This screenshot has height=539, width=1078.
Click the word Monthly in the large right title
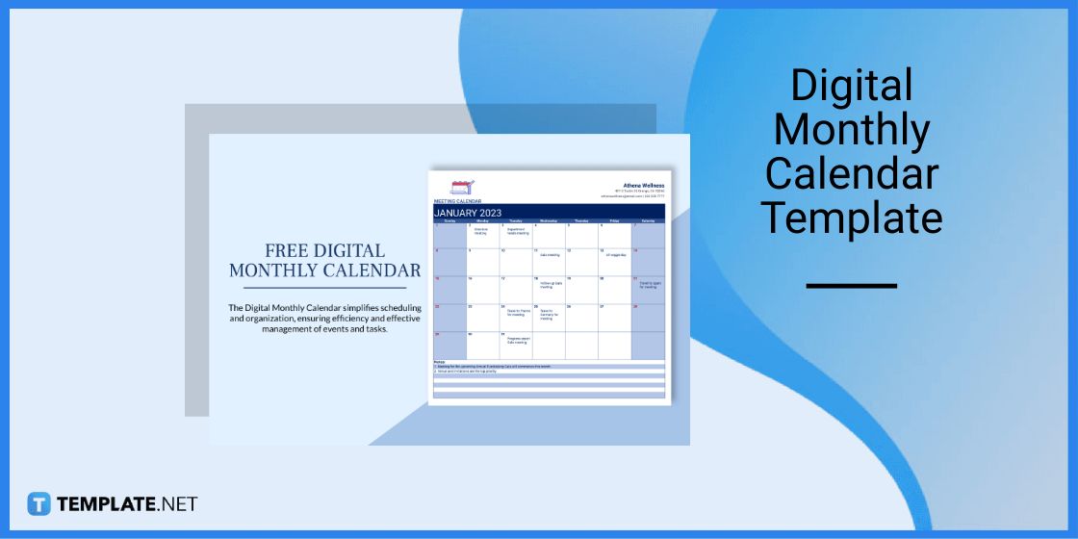coord(852,131)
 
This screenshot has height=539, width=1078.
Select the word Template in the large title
coord(852,218)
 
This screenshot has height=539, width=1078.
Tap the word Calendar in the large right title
coord(852,174)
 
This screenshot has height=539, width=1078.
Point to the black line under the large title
coord(851,286)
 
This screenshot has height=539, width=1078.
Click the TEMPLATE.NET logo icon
coord(38,503)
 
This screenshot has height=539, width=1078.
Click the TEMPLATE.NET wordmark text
coord(127,503)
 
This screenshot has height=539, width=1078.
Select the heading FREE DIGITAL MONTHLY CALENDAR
coord(324,261)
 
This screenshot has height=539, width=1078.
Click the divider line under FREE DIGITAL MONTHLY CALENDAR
coord(324,287)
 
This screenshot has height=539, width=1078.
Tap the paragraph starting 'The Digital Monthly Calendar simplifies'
coord(324,319)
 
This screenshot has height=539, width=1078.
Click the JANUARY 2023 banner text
coord(468,213)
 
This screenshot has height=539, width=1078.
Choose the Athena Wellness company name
coord(643,186)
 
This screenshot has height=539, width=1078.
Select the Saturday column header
coord(648,221)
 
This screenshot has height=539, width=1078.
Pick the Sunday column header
coord(449,221)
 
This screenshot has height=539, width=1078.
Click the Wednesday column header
coord(549,221)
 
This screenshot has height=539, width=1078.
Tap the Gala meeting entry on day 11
coord(550,255)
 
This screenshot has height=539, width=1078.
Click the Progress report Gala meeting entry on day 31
coord(516,341)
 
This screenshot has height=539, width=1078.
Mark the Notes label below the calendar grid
coord(439,363)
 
